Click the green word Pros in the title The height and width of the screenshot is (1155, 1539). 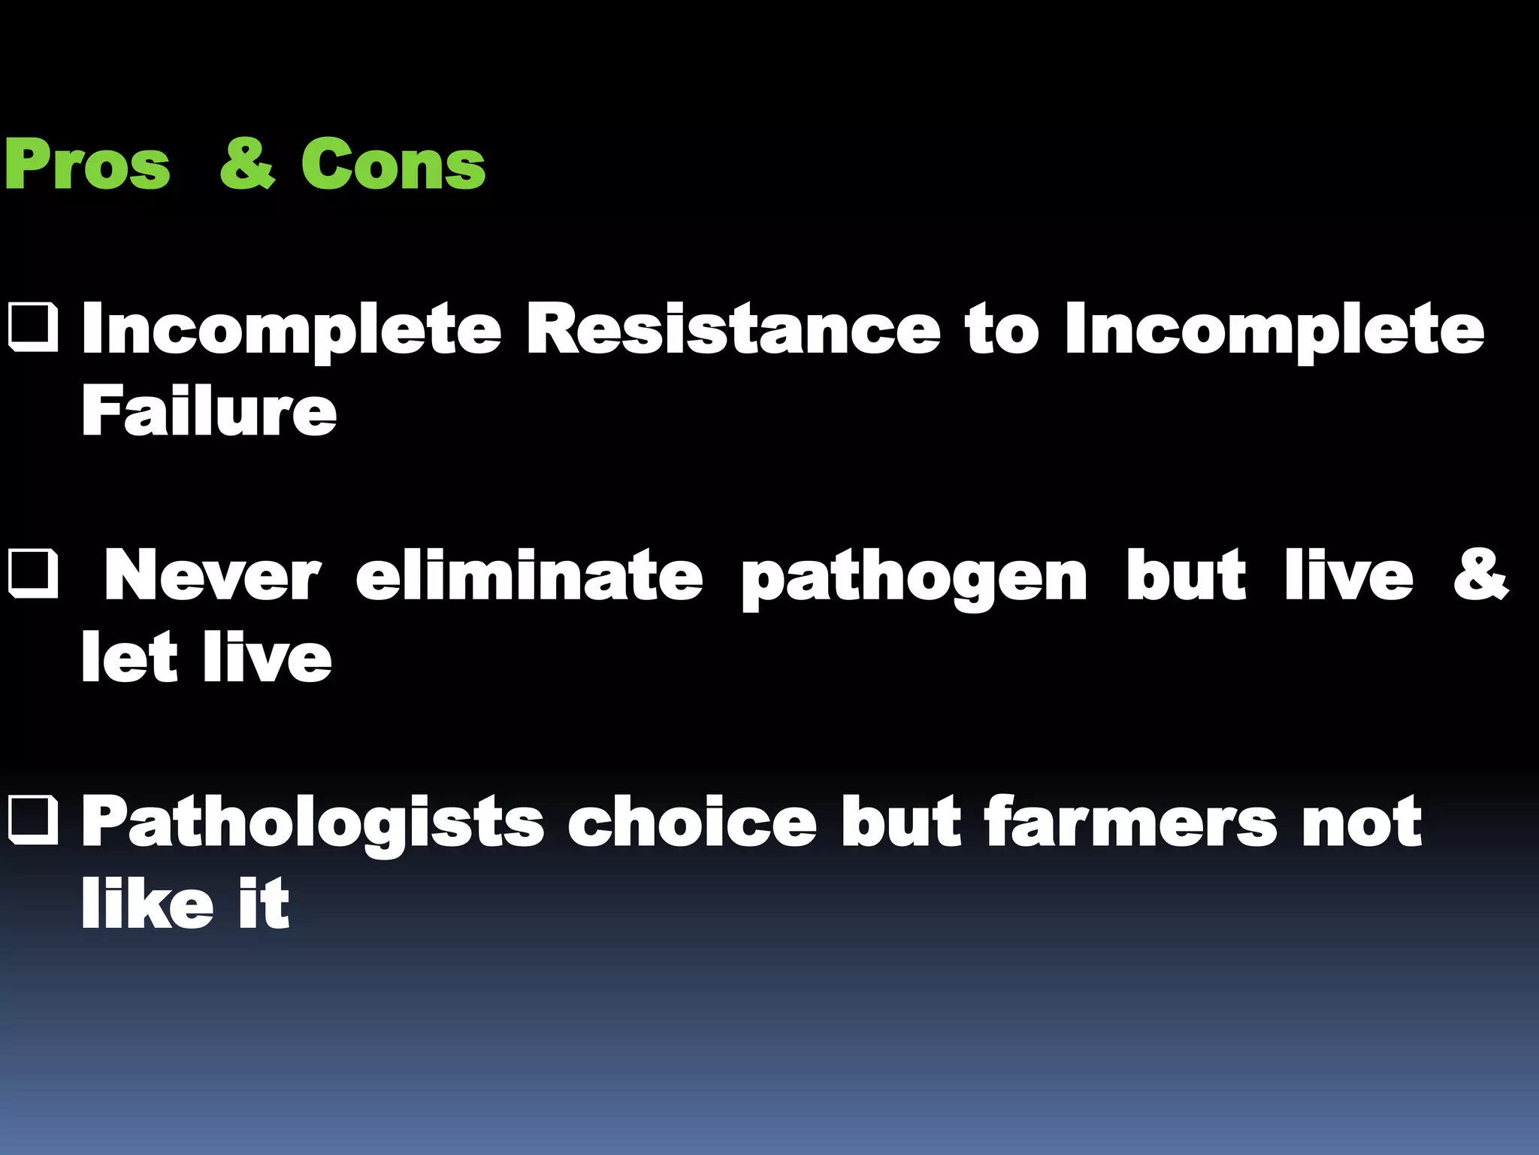click(x=87, y=165)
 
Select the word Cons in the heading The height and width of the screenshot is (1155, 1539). click(x=393, y=165)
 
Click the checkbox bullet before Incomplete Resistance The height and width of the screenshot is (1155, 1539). click(x=33, y=328)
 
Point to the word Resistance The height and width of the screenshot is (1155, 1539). click(x=733, y=329)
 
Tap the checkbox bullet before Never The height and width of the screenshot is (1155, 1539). click(x=33, y=574)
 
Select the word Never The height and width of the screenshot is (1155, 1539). click(x=213, y=576)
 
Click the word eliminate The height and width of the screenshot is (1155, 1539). click(x=529, y=576)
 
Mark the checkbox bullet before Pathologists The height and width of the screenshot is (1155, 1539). click(x=33, y=821)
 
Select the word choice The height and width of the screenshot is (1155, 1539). click(x=692, y=823)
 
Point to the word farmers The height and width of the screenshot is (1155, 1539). click(x=1130, y=823)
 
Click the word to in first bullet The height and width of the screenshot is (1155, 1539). click(x=1002, y=330)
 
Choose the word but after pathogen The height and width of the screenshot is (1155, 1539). click(x=1186, y=576)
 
